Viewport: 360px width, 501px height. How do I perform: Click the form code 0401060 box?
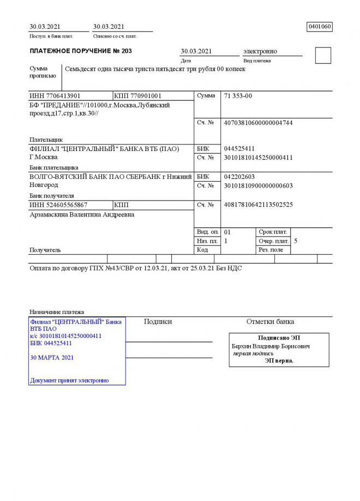[x=320, y=27]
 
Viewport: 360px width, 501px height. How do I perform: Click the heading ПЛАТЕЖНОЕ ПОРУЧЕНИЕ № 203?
[x=81, y=51]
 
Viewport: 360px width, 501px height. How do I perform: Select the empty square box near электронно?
[x=323, y=56]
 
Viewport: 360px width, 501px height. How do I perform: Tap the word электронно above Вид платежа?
[x=260, y=51]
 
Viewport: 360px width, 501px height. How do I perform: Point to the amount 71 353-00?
[x=238, y=96]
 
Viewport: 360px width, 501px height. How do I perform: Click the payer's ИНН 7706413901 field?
[x=55, y=96]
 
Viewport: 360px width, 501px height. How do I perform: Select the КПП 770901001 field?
[x=138, y=96]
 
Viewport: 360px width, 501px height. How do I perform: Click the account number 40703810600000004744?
[x=258, y=123]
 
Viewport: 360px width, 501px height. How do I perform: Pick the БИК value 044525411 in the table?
[x=239, y=149]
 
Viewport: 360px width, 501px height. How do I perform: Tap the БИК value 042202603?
[x=239, y=177]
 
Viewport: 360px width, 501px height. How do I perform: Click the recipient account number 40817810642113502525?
[x=258, y=205]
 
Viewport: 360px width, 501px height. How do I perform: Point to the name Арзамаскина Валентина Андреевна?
[x=82, y=215]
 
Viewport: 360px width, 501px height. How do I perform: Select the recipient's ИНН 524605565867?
[x=58, y=205]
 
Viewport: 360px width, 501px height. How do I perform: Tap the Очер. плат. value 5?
[x=296, y=240]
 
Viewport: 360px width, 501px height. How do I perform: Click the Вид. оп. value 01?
[x=227, y=232]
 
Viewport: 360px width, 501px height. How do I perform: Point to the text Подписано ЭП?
[x=279, y=338]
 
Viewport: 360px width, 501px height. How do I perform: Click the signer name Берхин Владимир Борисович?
[x=271, y=346]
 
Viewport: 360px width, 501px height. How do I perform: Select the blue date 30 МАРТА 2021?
[x=52, y=358]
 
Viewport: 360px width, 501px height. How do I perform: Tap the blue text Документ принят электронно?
[x=69, y=380]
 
